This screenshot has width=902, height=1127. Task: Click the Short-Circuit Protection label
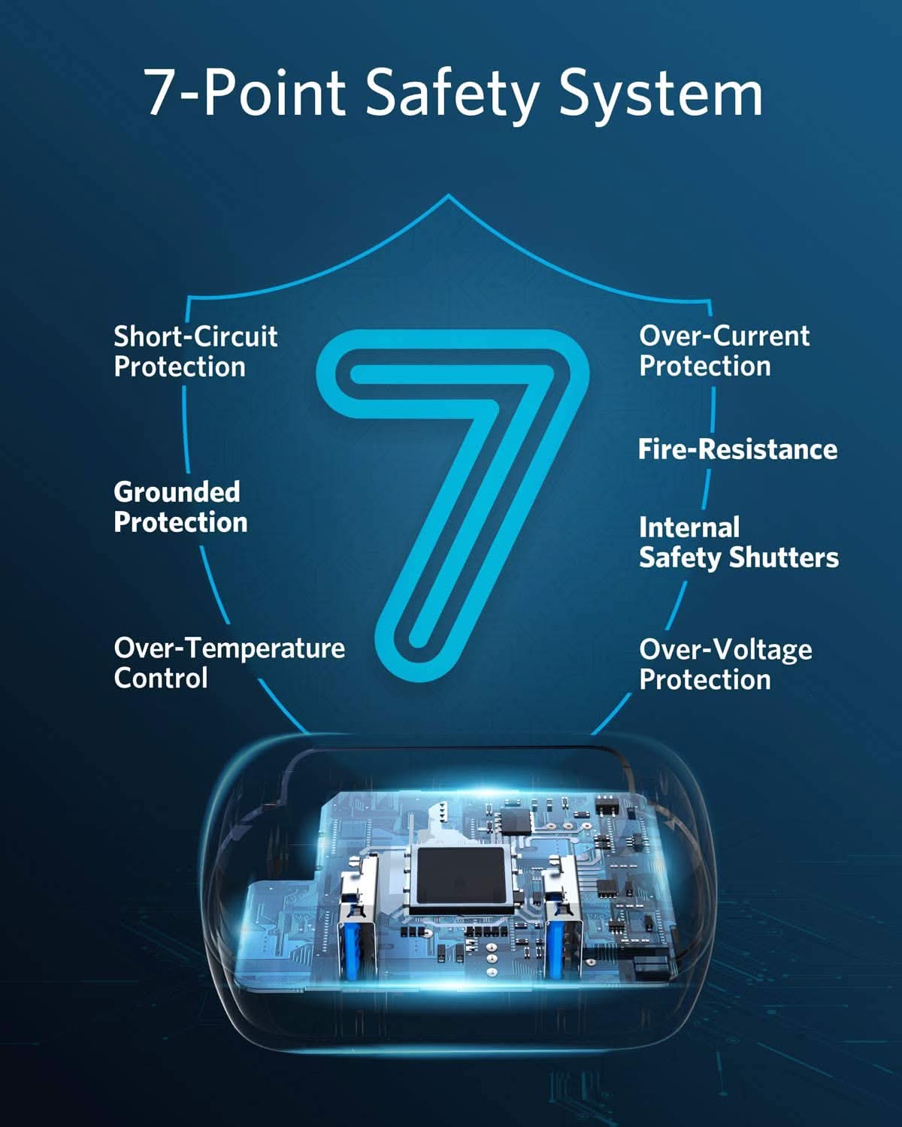pos(195,351)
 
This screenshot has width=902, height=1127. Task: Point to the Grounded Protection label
pos(180,507)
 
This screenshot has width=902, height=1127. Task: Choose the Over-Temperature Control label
pos(229,663)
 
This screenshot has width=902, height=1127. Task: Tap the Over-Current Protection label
pos(725,350)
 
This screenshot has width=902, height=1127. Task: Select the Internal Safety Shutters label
pos(738,542)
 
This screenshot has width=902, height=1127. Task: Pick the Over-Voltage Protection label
pos(725,665)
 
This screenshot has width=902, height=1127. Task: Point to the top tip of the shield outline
pos(448,195)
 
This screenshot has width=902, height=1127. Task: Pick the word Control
pos(161,678)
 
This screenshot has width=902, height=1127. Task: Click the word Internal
pos(689,528)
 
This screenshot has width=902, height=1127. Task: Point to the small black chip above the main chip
pos(516,821)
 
